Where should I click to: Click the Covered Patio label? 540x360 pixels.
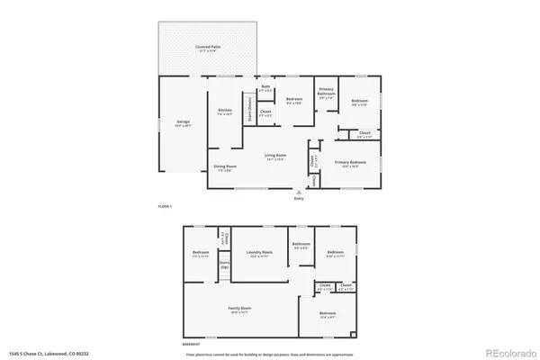209,46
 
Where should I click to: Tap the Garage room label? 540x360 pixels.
182,124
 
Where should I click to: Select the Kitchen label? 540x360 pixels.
225,112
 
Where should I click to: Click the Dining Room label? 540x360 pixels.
225,166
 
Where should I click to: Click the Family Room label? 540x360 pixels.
239,308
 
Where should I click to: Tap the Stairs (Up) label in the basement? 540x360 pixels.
224,267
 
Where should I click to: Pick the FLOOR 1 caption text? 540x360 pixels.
165,207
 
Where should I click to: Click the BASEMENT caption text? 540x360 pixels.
193,343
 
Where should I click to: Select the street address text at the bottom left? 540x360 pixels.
49,355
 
